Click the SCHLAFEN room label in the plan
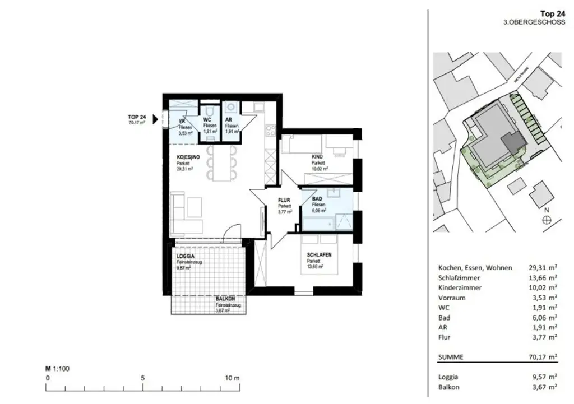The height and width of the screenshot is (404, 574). point(320,255)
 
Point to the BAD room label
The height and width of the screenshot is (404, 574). point(317,199)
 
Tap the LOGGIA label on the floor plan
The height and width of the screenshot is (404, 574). point(186,256)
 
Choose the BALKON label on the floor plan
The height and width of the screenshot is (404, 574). point(226,299)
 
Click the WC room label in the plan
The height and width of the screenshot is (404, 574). point(207,120)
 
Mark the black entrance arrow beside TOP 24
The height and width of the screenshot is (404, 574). point(155,118)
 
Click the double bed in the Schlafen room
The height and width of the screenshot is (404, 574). point(320,254)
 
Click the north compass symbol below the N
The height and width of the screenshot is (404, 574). point(547,220)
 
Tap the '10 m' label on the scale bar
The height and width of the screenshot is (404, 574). point(232,378)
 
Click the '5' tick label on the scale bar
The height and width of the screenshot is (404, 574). point(143,378)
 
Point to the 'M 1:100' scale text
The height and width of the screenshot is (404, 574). point(57,369)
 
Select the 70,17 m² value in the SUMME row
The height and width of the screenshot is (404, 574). point(545,356)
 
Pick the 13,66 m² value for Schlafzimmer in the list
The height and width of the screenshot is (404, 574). point(545,278)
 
